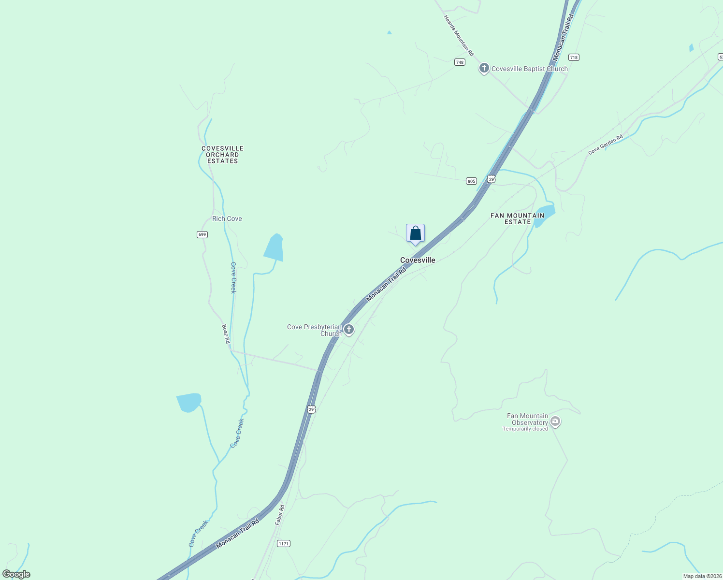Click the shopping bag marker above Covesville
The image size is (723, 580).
pyautogui.click(x=415, y=233)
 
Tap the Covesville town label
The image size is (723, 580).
pyautogui.click(x=418, y=260)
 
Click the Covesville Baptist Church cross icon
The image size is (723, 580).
pyautogui.click(x=484, y=68)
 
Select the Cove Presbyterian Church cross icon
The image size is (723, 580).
pyautogui.click(x=349, y=330)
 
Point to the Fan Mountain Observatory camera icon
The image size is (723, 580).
pyautogui.click(x=555, y=421)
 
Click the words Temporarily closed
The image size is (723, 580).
pyautogui.click(x=525, y=429)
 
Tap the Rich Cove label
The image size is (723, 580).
pyautogui.click(x=227, y=218)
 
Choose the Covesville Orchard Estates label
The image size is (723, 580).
pyautogui.click(x=222, y=155)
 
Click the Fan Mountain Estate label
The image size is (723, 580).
pyautogui.click(x=517, y=218)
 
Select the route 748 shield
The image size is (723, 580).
pyautogui.click(x=459, y=62)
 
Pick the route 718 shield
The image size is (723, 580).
pyautogui.click(x=573, y=57)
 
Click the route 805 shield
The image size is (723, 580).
pyautogui.click(x=471, y=181)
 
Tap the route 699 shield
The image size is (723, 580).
pyautogui.click(x=202, y=234)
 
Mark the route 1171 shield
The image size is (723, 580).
pyautogui.click(x=283, y=544)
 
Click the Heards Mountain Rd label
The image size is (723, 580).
pyautogui.click(x=459, y=35)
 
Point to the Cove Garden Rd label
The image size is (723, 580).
pyautogui.click(x=605, y=145)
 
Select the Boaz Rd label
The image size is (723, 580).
pyautogui.click(x=226, y=333)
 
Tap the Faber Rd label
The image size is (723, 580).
pyautogui.click(x=280, y=515)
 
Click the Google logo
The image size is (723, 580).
pyautogui.click(x=16, y=574)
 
